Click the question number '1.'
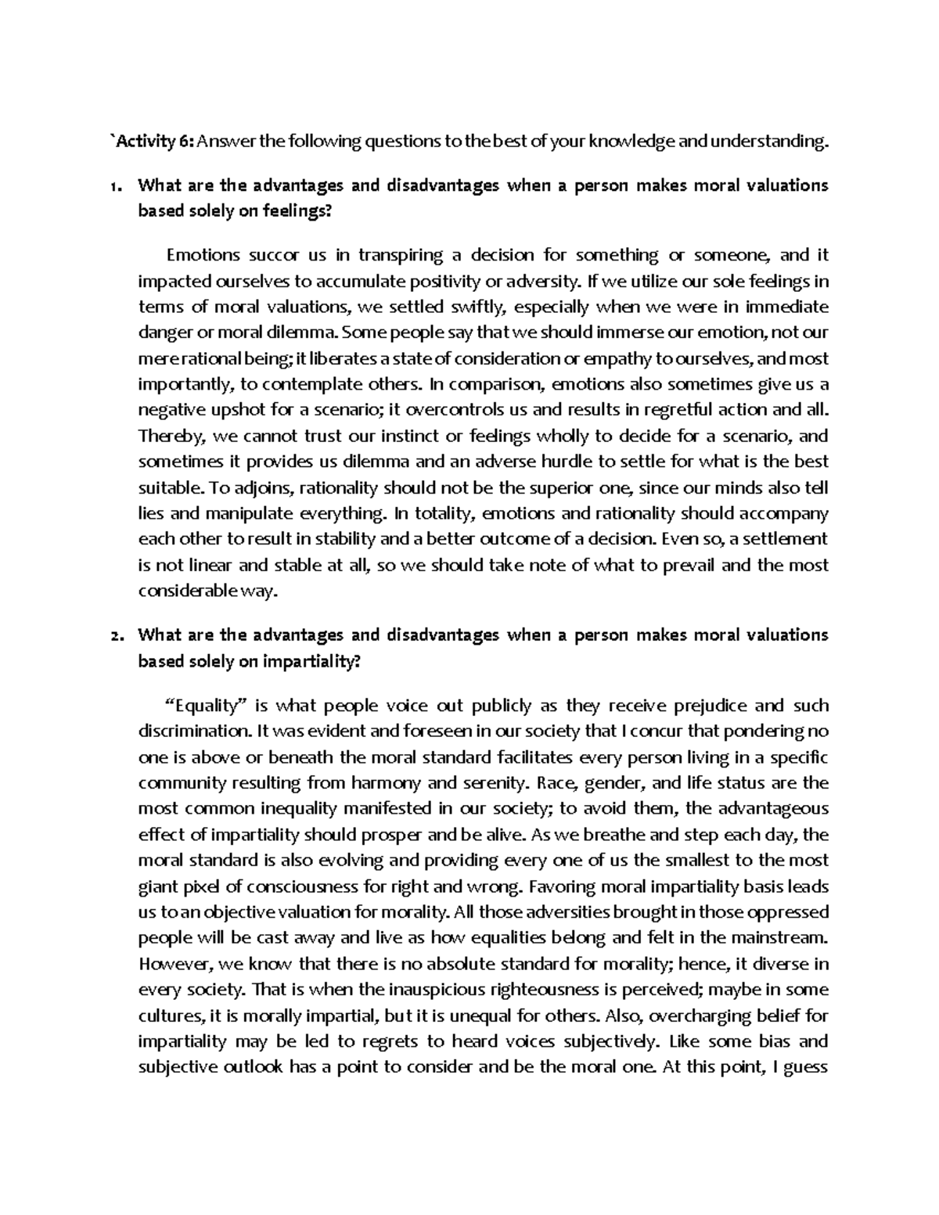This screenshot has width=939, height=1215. [x=116, y=186]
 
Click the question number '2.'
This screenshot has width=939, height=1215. [x=116, y=635]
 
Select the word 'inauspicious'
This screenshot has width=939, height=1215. [x=435, y=990]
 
